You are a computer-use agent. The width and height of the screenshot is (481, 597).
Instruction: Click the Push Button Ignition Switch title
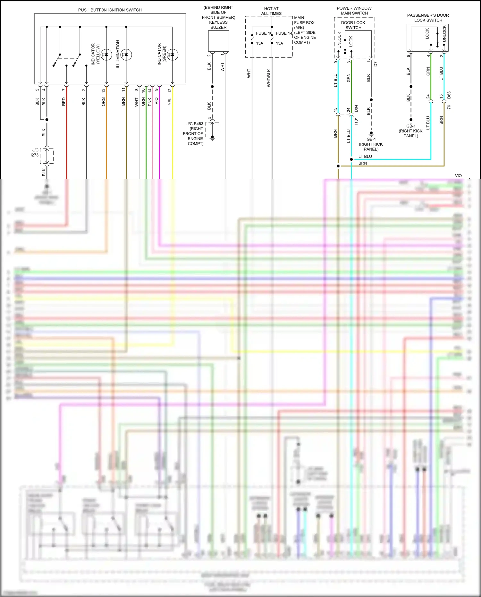pos(110,10)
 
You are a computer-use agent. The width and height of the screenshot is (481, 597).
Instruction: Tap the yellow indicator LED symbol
pos(106,55)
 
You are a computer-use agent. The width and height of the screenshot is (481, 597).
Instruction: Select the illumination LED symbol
pos(126,55)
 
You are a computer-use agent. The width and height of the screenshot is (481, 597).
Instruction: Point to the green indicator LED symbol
pos(173,55)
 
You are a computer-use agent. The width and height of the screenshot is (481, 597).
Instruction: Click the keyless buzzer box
pos(218,41)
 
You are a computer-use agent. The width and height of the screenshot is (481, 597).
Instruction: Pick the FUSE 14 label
pos(284,33)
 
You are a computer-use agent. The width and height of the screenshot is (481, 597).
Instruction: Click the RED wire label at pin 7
pos(63,102)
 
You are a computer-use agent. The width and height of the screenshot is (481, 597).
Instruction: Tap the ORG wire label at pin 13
pos(103,102)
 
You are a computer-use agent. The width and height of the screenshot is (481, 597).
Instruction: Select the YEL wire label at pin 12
pos(170,101)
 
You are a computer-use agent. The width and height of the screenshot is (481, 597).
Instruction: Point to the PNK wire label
pos(150,102)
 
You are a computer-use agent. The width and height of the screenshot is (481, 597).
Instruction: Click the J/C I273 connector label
pos(35,152)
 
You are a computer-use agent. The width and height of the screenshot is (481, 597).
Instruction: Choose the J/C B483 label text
pos(195,124)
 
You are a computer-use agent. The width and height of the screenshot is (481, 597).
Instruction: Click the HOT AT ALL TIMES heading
pos(271,11)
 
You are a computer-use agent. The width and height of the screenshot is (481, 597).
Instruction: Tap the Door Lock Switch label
pos(353,25)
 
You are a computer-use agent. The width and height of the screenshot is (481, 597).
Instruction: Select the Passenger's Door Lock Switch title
pos(428,18)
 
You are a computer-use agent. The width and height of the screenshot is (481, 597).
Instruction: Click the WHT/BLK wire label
pos(269,78)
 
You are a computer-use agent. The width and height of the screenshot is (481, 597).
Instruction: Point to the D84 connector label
pos(356,108)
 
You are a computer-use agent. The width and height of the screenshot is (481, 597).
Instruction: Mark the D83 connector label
pos(449,95)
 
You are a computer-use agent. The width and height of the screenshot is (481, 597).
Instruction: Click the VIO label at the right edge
pos(458,175)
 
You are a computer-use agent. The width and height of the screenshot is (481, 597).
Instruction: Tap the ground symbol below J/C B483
pos(212,138)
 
